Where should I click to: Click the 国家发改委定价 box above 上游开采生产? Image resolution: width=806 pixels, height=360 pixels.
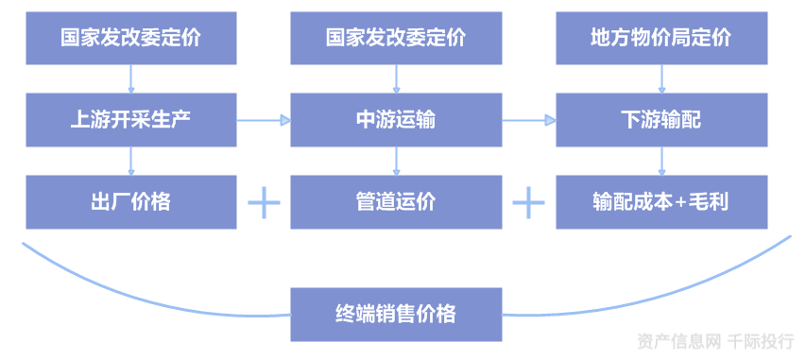(131, 38)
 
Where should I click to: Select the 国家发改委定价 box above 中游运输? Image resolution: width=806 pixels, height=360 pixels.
(395, 38)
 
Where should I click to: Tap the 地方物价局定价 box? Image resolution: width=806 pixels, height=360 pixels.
(660, 38)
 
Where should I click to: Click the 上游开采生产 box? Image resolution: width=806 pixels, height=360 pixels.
(131, 120)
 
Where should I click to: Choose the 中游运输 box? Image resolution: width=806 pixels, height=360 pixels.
(395, 120)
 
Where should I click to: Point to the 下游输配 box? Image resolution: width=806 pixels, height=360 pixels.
(660, 120)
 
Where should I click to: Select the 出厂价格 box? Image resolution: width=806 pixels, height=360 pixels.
(131, 202)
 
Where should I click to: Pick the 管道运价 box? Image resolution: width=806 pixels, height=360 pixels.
(395, 202)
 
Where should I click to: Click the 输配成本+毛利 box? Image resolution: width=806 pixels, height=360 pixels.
(660, 202)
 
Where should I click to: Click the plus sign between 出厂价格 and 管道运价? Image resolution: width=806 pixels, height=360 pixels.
(264, 202)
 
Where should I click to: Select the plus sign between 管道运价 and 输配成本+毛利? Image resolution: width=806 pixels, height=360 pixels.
(528, 202)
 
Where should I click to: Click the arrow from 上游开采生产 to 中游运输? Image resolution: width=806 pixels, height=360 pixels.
(264, 120)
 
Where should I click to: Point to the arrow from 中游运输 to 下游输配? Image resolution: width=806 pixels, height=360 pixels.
(528, 120)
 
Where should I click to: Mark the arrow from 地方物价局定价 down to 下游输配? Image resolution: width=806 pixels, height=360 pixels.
(660, 78)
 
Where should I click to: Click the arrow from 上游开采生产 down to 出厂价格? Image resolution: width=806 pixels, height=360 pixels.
(131, 161)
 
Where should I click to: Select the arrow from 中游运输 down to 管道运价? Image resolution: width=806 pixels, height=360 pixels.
(395, 161)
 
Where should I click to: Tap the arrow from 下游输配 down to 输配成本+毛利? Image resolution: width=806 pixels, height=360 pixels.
(660, 161)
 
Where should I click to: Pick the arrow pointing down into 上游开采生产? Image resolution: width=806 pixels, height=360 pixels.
(131, 78)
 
